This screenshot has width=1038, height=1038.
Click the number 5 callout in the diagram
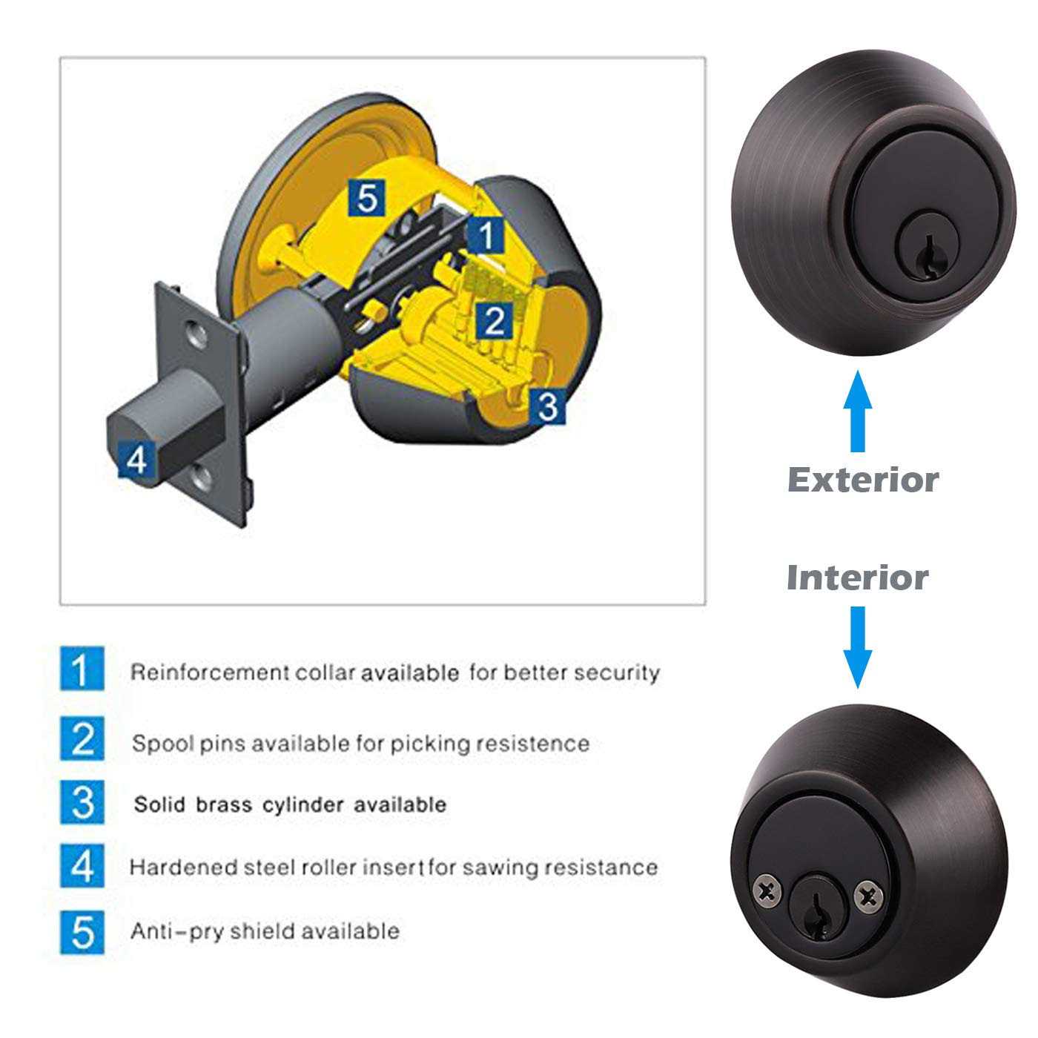(x=367, y=198)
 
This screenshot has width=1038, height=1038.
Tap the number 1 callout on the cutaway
(x=486, y=236)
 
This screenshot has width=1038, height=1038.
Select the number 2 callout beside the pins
(x=494, y=320)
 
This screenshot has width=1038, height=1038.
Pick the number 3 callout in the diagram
(x=547, y=406)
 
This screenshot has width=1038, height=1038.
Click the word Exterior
(x=862, y=480)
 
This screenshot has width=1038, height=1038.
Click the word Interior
(x=857, y=578)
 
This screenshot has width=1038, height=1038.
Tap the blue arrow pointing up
(x=858, y=412)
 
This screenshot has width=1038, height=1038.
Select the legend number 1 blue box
(x=82, y=669)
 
